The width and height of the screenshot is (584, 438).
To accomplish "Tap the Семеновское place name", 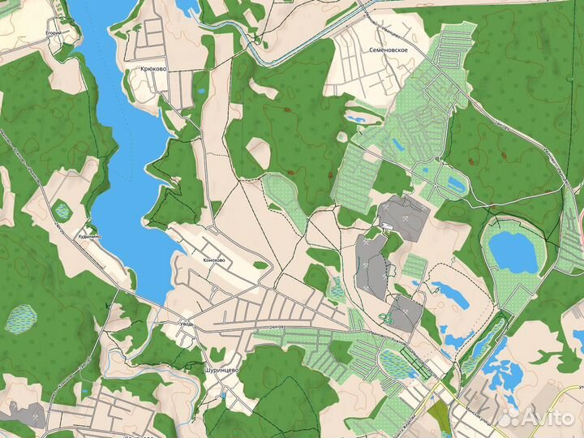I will point(385,50).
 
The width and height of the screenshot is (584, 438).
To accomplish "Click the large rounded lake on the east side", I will point(513,251).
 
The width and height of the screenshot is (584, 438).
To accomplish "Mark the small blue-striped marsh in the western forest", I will point(21,318).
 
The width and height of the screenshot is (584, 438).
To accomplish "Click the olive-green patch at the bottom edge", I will point(440,419).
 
